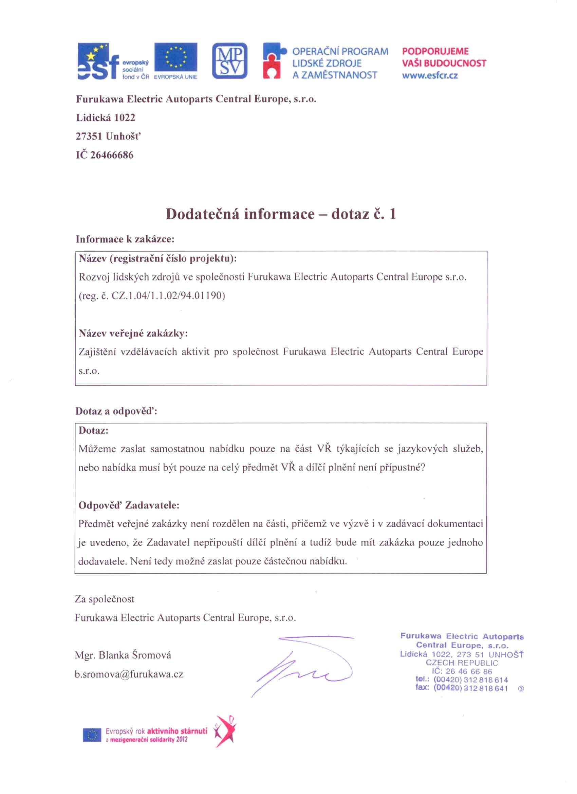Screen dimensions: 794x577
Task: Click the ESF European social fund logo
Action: click(x=113, y=61)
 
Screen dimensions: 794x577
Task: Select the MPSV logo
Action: click(x=229, y=61)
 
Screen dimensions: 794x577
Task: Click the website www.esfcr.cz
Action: click(x=430, y=76)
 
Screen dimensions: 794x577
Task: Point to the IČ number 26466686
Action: click(x=112, y=155)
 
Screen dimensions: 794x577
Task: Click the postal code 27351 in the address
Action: click(x=90, y=136)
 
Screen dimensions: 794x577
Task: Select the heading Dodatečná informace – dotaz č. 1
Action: click(x=281, y=214)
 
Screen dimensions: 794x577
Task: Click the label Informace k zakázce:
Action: click(x=125, y=239)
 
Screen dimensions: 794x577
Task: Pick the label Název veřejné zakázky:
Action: click(x=133, y=333)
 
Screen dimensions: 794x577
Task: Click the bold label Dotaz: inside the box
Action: click(x=93, y=431)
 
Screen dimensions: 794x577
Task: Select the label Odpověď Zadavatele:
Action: click(x=129, y=505)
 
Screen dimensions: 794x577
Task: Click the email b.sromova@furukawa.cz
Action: click(x=129, y=674)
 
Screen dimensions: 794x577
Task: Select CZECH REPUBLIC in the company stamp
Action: click(x=462, y=663)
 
